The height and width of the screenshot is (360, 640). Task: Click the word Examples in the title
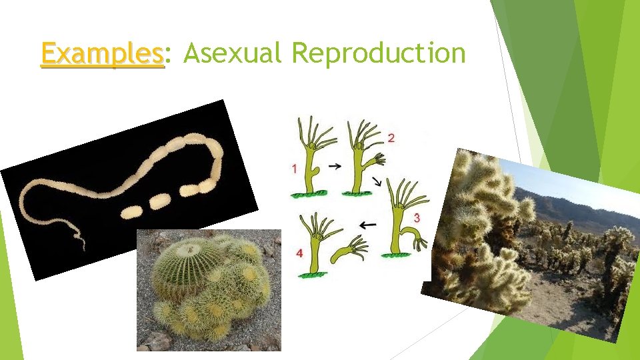[x=102, y=53]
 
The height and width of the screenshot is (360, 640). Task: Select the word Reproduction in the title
[x=379, y=53]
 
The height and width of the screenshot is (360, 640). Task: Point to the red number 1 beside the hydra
[x=294, y=169]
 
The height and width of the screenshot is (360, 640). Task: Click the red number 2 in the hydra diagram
[x=391, y=138]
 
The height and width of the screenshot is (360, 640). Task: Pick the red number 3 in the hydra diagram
[x=417, y=218]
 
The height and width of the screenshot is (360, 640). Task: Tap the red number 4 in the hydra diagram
[x=299, y=253]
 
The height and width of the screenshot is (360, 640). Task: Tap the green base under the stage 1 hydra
[x=308, y=194]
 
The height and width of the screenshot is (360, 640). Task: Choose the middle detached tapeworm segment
[x=159, y=201]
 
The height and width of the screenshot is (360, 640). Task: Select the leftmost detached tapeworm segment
[x=131, y=211]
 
